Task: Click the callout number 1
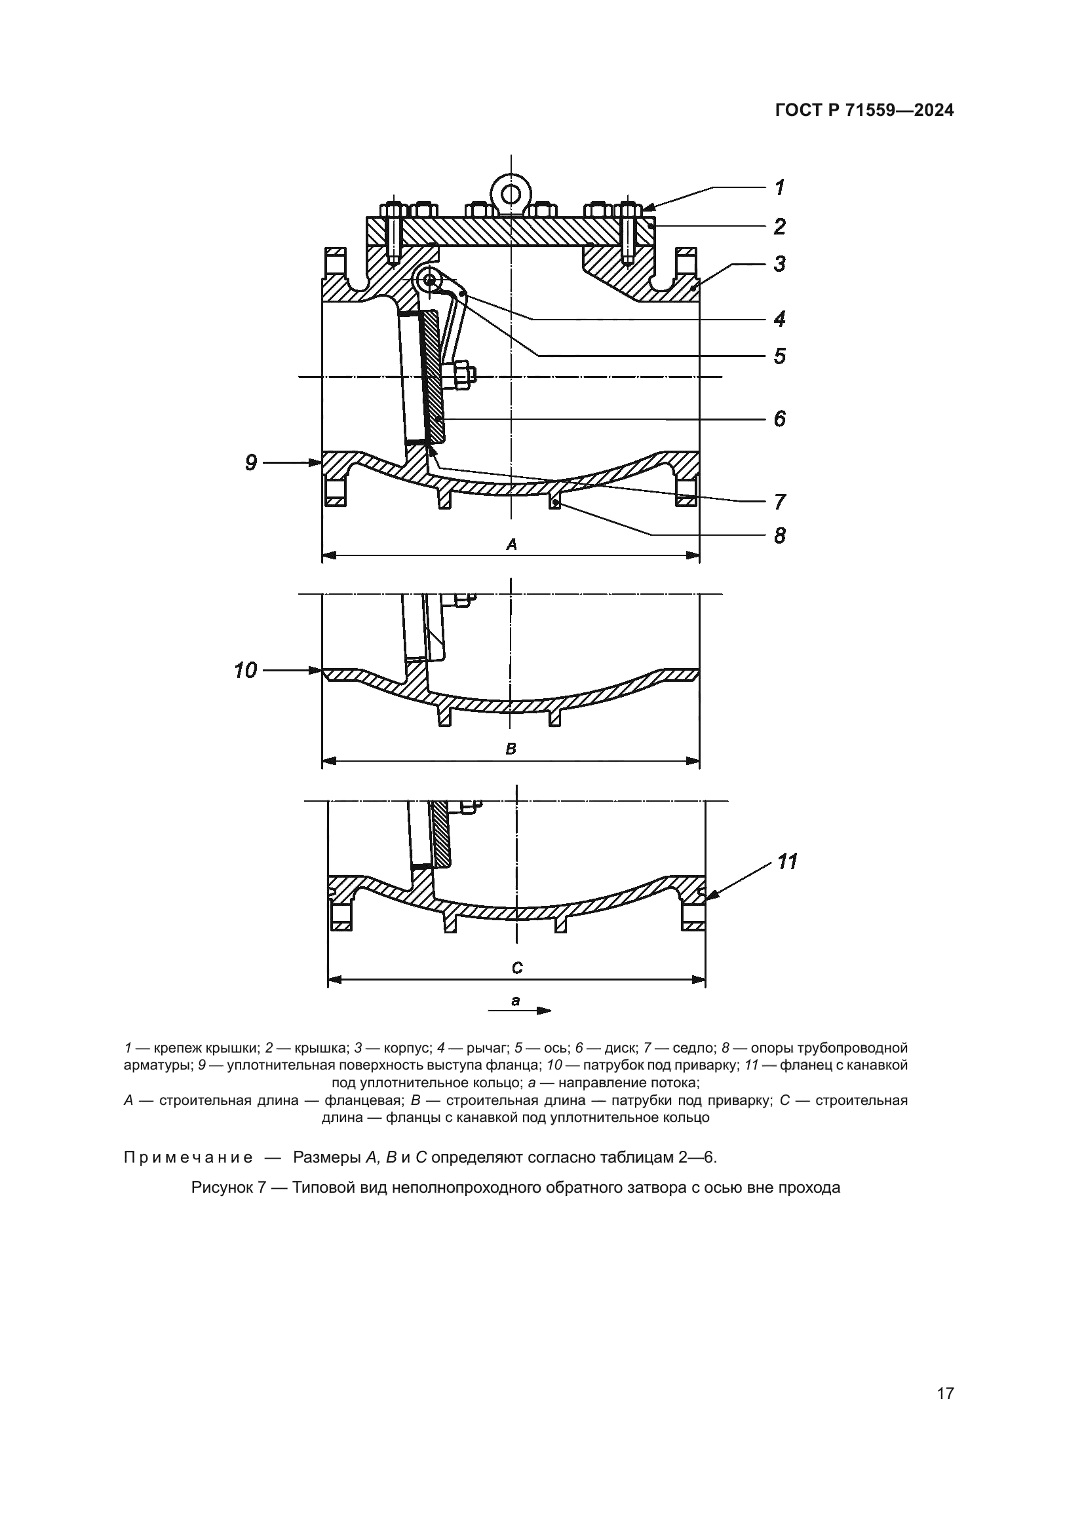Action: click(x=779, y=187)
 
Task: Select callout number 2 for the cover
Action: click(x=779, y=227)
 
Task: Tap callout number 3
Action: click(x=779, y=264)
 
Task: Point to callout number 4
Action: click(x=779, y=319)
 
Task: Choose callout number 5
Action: click(x=779, y=356)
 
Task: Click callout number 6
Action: click(x=779, y=419)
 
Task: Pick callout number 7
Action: click(x=779, y=501)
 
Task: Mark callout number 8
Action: click(x=779, y=535)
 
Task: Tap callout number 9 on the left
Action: click(x=251, y=462)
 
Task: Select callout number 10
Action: click(x=246, y=670)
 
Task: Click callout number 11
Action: click(x=788, y=862)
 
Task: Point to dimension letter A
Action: click(x=511, y=545)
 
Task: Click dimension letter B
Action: click(x=511, y=749)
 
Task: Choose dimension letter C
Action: click(x=517, y=968)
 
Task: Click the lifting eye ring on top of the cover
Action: click(x=511, y=193)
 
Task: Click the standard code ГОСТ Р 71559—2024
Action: click(x=864, y=111)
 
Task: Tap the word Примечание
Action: click(x=188, y=1157)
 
